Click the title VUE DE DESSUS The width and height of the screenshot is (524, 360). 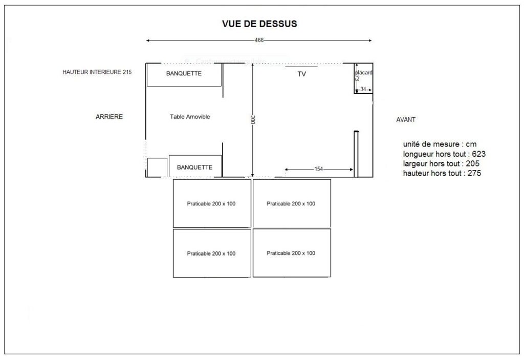click(x=259, y=24)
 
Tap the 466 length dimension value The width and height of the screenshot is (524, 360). click(x=259, y=40)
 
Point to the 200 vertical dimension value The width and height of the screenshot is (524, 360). click(x=253, y=119)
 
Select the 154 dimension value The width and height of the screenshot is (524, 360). click(x=318, y=169)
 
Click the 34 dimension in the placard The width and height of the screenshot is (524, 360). click(x=363, y=89)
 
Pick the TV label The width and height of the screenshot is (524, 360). click(x=301, y=74)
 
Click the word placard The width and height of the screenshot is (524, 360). click(x=364, y=73)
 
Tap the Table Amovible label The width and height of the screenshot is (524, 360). click(x=190, y=117)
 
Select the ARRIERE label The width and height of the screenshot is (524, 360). click(x=109, y=117)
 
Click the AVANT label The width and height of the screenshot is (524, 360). click(x=406, y=120)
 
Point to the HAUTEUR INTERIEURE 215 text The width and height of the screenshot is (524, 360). click(x=97, y=72)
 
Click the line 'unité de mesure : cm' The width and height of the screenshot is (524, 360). click(x=440, y=144)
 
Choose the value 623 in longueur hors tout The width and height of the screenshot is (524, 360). click(x=478, y=154)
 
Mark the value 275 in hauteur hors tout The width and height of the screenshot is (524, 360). click(x=474, y=173)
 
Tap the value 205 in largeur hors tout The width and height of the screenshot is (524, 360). click(x=472, y=163)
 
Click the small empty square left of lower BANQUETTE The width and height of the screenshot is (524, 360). click(x=157, y=167)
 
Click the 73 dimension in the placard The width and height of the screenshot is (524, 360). click(x=357, y=78)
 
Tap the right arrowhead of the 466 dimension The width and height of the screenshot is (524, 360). click(x=370, y=40)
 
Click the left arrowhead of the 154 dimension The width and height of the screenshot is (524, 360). click(x=287, y=170)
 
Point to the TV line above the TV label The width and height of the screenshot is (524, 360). click(x=301, y=67)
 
